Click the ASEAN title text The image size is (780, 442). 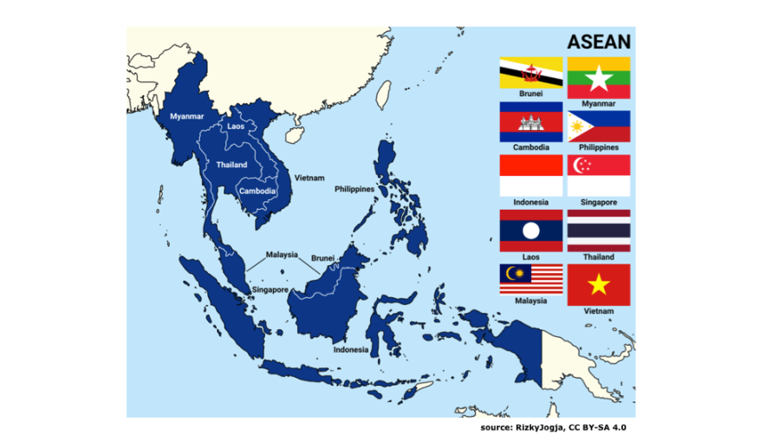pos(598,42)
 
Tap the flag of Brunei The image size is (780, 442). pos(530,73)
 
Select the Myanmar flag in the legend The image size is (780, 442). pos(599,78)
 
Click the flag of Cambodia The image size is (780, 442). pos(530,122)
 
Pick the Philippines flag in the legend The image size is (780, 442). pos(599,127)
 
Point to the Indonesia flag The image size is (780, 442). pos(530,176)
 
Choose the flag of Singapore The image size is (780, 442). pos(599,176)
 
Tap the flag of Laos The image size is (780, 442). pos(530,231)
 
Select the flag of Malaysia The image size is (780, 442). pos(530,280)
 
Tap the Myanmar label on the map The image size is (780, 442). pos(186,116)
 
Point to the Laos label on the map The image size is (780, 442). pos(236,127)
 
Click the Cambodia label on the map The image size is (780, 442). pos(257,191)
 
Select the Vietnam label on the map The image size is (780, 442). pos(309,177)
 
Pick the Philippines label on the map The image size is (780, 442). pos(354,188)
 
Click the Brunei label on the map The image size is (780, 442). pos(322,257)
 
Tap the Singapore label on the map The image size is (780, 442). pos(270,289)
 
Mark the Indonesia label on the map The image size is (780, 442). pos(351,349)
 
